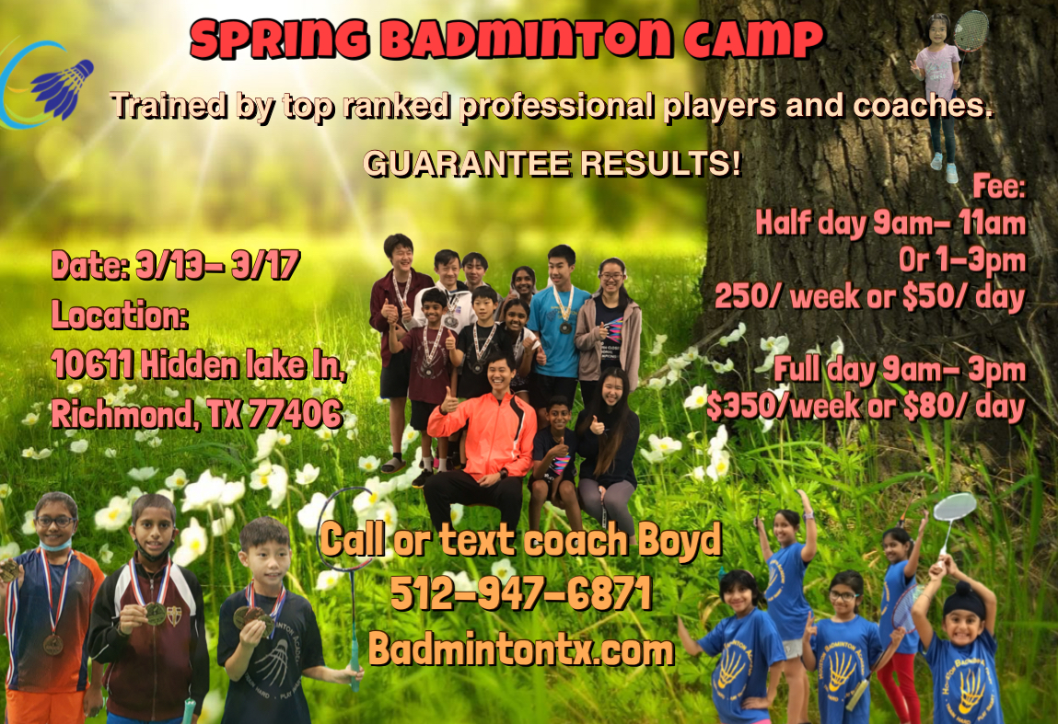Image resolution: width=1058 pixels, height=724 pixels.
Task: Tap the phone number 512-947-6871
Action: pyautogui.click(x=521, y=594)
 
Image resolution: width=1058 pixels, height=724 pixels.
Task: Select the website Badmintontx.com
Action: pyautogui.click(x=521, y=649)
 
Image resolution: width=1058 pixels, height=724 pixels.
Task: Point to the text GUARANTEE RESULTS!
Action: pyautogui.click(x=552, y=163)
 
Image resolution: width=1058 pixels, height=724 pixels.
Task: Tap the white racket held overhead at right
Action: pyautogui.click(x=954, y=509)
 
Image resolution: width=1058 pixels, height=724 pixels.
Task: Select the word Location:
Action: pyautogui.click(x=120, y=316)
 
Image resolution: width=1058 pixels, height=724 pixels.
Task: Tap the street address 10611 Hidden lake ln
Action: pyautogui.click(x=199, y=365)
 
